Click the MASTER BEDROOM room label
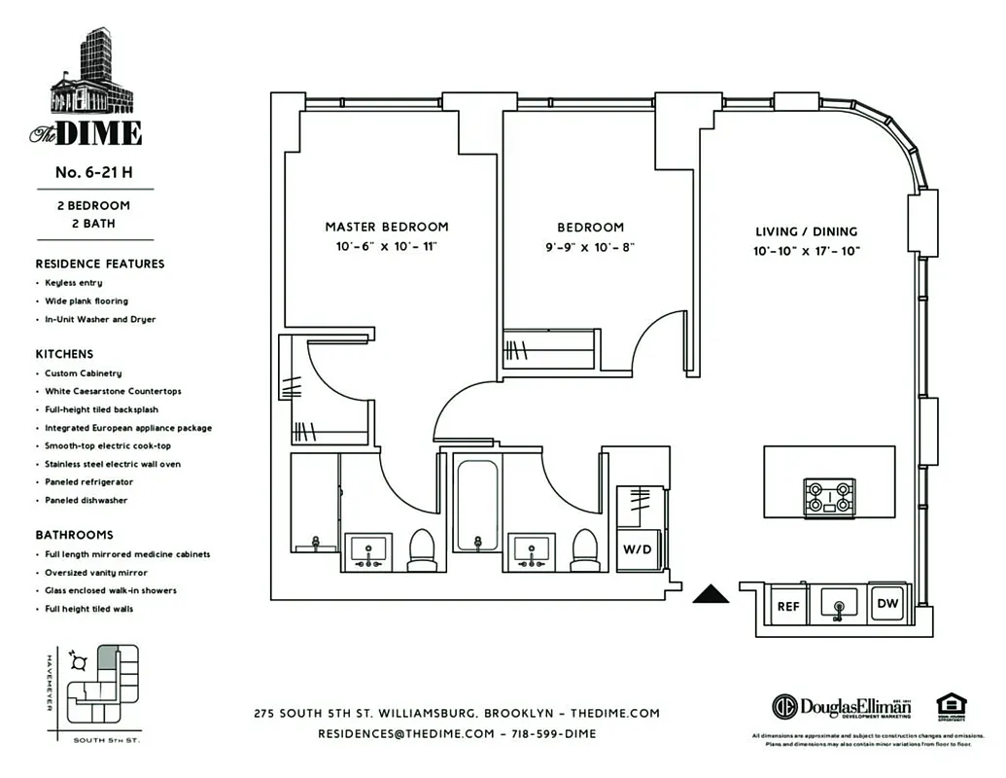(387, 227)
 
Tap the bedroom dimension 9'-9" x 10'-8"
(590, 247)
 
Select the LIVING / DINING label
(807, 231)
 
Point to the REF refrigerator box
(788, 606)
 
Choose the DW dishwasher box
(886, 603)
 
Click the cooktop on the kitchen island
(828, 498)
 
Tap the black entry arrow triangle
(711, 595)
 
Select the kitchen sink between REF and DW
(838, 604)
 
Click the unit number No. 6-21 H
(93, 172)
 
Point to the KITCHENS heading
(65, 354)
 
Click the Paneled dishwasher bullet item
(86, 500)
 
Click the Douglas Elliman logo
(842, 707)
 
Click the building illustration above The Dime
(92, 73)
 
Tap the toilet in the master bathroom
(422, 550)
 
